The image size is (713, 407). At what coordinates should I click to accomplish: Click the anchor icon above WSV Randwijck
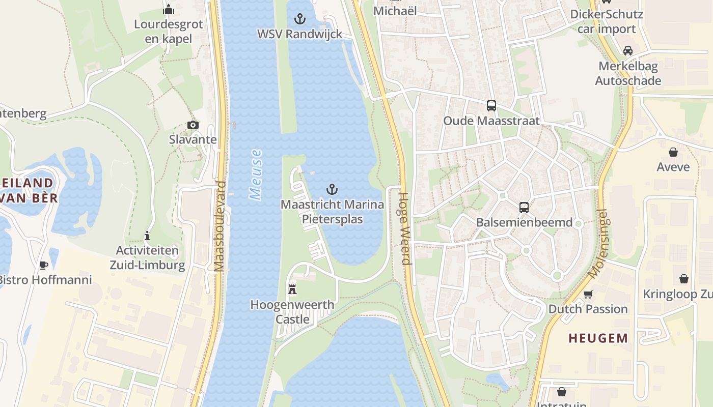coord(300,19)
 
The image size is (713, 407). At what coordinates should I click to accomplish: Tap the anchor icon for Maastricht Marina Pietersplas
coord(332,190)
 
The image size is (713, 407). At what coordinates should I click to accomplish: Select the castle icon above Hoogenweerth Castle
coord(292,289)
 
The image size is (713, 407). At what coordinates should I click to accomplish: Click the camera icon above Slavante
coord(193,125)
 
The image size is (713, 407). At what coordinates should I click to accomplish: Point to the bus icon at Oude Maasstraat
coord(491,106)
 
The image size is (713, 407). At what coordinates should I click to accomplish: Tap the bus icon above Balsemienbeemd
coord(524,208)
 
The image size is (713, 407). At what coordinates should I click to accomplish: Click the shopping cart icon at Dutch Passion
coord(588,294)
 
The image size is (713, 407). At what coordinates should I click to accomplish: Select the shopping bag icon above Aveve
coord(673,152)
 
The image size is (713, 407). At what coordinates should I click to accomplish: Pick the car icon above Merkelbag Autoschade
coord(628,51)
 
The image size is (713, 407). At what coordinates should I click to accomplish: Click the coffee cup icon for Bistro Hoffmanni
coord(44,265)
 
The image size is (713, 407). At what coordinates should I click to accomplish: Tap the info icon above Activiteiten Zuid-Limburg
coord(147,236)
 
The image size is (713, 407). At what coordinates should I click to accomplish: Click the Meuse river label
coord(256,174)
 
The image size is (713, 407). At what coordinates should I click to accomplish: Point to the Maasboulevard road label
coord(220,226)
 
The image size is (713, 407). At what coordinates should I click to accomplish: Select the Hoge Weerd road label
coord(404,228)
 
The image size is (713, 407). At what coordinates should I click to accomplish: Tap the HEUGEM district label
coord(598,338)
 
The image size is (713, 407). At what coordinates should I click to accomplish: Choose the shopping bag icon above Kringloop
coord(683,279)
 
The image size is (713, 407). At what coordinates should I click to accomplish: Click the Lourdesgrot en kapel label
coord(168,31)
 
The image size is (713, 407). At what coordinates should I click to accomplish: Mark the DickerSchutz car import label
coord(607,21)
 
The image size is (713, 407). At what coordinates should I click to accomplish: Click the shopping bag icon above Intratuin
coord(561,392)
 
